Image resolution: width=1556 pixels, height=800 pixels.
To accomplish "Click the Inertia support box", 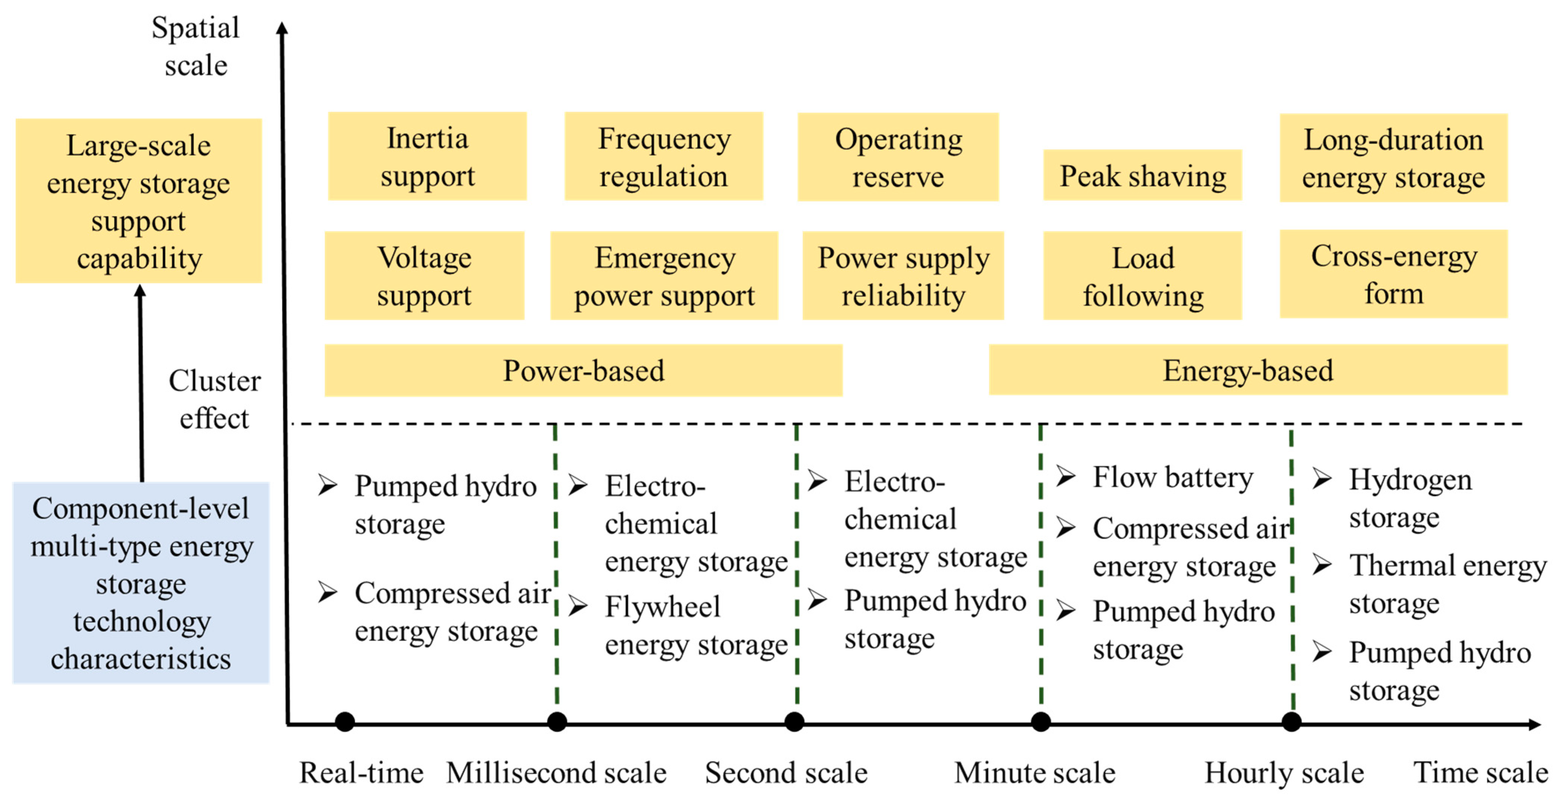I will [427, 156].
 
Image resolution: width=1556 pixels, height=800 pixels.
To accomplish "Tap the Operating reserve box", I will [898, 157].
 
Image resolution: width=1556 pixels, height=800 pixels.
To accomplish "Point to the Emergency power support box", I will [664, 276].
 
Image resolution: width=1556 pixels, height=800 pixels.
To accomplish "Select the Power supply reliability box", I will [903, 276].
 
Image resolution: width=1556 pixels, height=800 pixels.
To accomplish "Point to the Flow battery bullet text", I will [1172, 477].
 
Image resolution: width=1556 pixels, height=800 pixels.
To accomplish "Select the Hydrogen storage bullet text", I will [1409, 498].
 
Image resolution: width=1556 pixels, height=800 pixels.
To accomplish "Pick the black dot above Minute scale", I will [1040, 722].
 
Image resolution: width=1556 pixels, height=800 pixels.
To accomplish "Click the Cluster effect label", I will [215, 399].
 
